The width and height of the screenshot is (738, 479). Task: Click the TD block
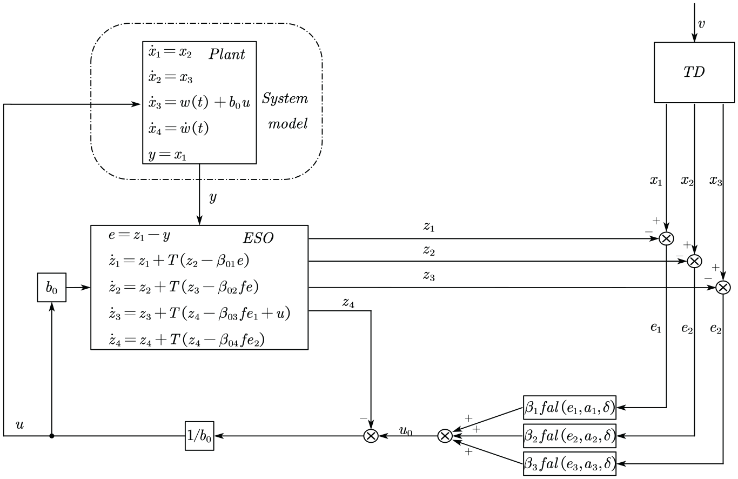pos(694,72)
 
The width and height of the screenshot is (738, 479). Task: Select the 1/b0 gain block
pos(199,436)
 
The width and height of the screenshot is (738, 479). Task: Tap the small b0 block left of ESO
pos(52,288)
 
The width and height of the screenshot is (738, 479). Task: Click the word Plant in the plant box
pos(227,55)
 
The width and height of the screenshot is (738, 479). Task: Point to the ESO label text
pos(258,238)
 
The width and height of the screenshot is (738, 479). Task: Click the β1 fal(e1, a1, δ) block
pos(569,408)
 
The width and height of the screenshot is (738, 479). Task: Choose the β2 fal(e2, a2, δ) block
pos(569,436)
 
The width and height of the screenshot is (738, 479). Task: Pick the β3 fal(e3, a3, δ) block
pos(569,464)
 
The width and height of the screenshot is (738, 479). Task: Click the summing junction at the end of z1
pos(666,238)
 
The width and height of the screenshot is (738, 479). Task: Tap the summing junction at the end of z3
pos(723,288)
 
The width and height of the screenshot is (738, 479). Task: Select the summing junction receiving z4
pos(371,436)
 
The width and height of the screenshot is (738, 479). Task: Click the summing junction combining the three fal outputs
pos(445,436)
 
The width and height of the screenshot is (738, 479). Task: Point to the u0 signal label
pos(406,430)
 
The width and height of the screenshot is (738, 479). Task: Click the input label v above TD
pos(701,24)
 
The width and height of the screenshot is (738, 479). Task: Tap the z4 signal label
pos(348,302)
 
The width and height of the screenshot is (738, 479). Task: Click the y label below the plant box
pos(213,197)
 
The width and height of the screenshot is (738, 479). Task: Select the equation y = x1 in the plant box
pos(167,155)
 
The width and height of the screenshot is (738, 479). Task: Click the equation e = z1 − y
pos(139,235)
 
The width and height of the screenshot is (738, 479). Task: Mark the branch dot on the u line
pos(52,436)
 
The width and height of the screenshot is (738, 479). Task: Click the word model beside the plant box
pos(287,124)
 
